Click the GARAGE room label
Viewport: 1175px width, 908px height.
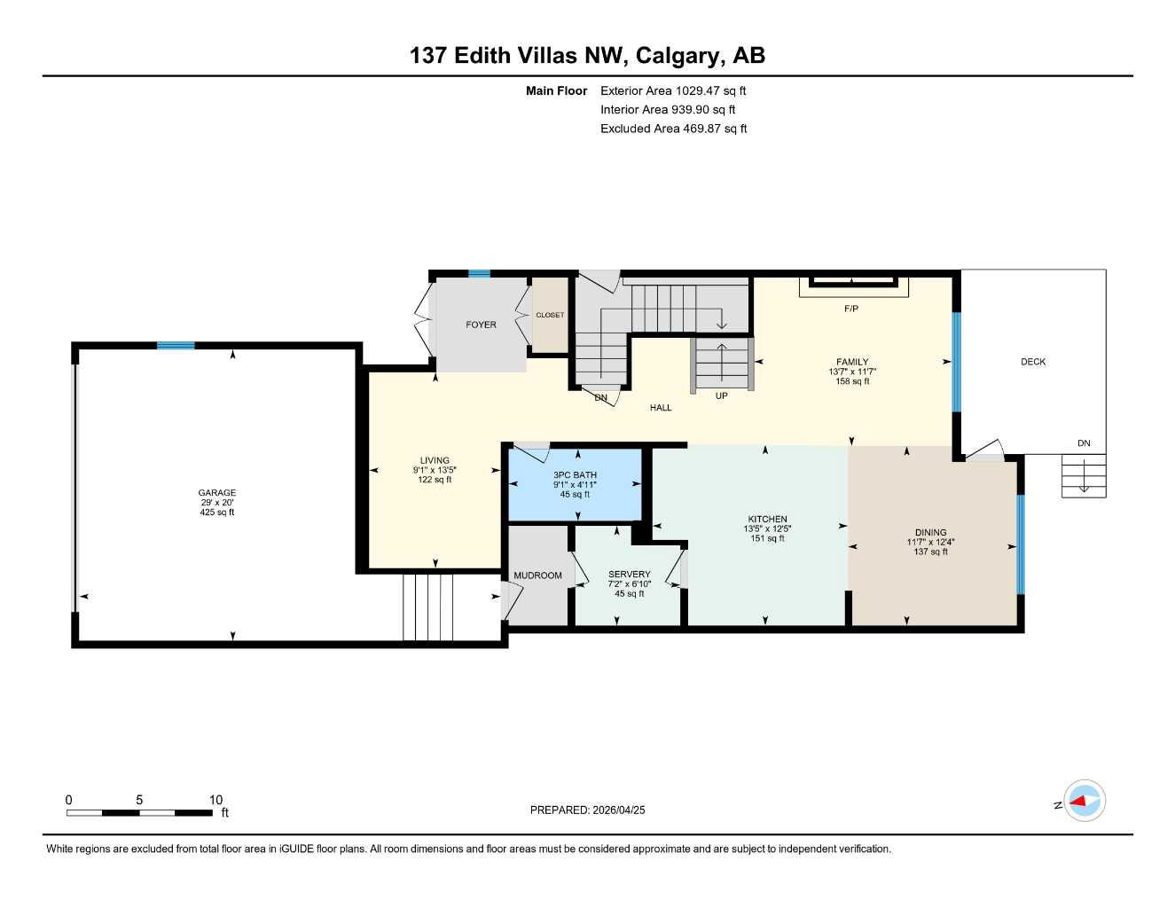(217, 493)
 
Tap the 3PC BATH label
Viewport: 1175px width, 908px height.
(575, 475)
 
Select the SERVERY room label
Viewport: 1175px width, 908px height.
(629, 575)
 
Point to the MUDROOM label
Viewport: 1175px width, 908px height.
(537, 575)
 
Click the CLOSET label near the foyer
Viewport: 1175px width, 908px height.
(549, 315)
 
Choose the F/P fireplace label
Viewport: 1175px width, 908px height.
(850, 309)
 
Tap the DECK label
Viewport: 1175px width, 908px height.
(1033, 362)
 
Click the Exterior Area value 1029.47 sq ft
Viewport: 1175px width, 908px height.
(710, 90)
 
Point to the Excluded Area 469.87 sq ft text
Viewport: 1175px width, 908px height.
(673, 129)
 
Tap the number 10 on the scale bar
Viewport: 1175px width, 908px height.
(215, 800)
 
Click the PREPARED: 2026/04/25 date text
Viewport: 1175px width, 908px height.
(587, 810)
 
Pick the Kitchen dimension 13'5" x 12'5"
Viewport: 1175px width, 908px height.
(767, 528)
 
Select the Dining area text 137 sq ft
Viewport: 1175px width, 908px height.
(930, 552)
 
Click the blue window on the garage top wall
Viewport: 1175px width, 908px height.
(176, 345)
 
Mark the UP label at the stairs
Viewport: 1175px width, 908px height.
(721, 395)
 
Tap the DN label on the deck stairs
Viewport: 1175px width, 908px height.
(1084, 443)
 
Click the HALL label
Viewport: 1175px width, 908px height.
(661, 408)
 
